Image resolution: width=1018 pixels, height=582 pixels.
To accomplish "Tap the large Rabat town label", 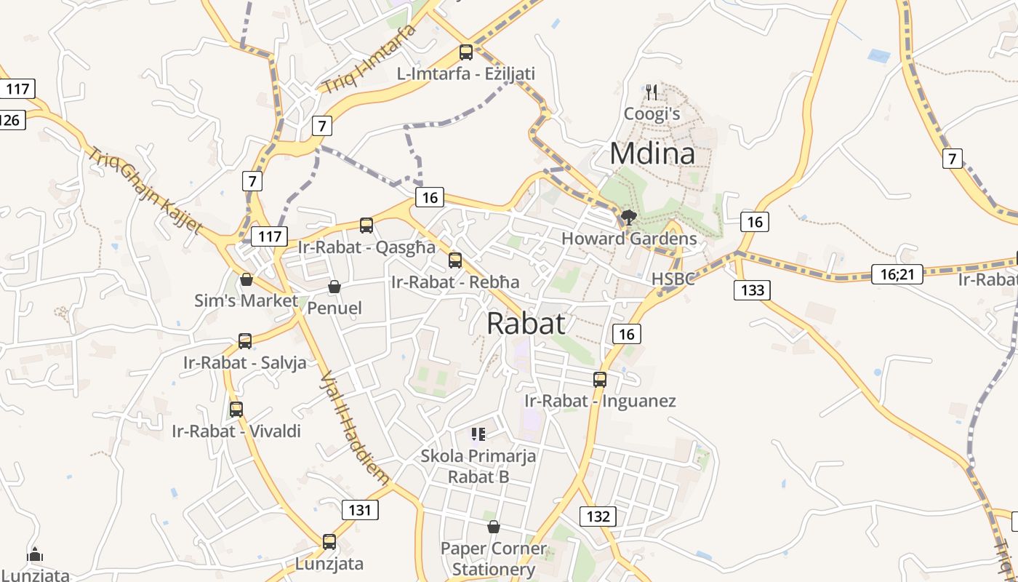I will pyautogui.click(x=526, y=323).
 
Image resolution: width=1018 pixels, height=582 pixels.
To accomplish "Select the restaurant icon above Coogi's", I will pyautogui.click(x=652, y=92).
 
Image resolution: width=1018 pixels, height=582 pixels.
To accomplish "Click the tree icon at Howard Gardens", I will pyautogui.click(x=628, y=217).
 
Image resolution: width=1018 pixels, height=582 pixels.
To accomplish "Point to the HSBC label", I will pyautogui.click(x=673, y=279).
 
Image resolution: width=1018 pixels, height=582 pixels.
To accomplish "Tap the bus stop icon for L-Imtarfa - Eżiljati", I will pyautogui.click(x=466, y=52).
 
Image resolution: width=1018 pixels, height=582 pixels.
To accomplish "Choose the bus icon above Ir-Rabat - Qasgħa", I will pyautogui.click(x=366, y=226).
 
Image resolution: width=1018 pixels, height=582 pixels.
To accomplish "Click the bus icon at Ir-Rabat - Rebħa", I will pyautogui.click(x=455, y=260).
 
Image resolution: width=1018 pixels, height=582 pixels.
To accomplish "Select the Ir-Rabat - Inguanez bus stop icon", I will pyautogui.click(x=600, y=379).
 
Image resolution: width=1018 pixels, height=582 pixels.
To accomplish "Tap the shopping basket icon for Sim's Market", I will pyautogui.click(x=247, y=279).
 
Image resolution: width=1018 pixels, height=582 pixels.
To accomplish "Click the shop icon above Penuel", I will pyautogui.click(x=334, y=287).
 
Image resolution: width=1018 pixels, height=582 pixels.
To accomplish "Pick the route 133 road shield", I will pyautogui.click(x=753, y=290).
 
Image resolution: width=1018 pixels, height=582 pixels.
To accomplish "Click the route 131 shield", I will pyautogui.click(x=360, y=510).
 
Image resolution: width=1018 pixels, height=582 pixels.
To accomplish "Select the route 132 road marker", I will pyautogui.click(x=598, y=517).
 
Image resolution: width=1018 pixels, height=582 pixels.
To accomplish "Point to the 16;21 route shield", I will pyautogui.click(x=897, y=274).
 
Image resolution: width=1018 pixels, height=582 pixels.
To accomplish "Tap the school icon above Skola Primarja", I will pyautogui.click(x=478, y=435).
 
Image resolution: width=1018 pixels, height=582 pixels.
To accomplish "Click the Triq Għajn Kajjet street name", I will pyautogui.click(x=145, y=190).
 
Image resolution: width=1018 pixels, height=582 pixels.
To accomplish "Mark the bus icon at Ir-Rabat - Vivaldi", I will pyautogui.click(x=236, y=410).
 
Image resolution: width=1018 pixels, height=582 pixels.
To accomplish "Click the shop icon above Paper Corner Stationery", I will pyautogui.click(x=494, y=527).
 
